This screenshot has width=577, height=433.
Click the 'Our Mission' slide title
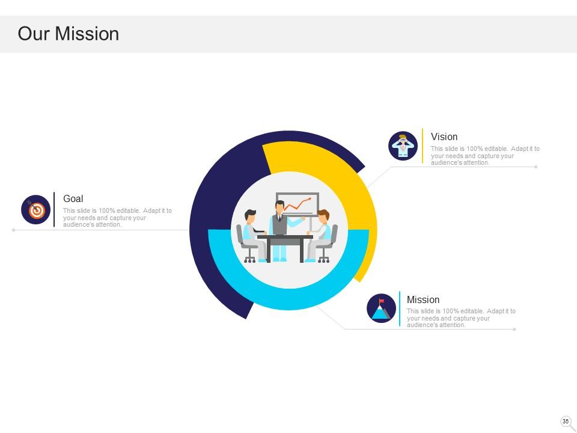pos(69,34)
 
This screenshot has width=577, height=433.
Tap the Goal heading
pos(73,198)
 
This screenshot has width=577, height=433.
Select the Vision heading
pos(444,137)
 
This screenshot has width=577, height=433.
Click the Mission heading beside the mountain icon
pos(423,299)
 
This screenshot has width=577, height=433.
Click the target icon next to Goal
pos(36,210)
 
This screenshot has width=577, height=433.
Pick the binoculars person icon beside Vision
pos(403,146)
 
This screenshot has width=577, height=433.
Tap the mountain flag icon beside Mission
pos(381,309)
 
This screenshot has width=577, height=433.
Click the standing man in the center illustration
pos(279,229)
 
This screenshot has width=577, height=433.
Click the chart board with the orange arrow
pos(298,204)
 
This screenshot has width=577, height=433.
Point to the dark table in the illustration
pos(285,241)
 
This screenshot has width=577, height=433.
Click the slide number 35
pos(566,422)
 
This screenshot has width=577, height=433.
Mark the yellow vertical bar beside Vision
pos(423,146)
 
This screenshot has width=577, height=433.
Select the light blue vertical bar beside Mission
pos(400,309)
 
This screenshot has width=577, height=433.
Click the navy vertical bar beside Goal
pos(54,209)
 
